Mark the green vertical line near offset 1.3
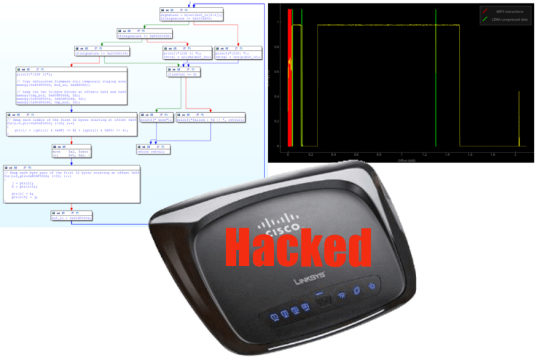point(435,81)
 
